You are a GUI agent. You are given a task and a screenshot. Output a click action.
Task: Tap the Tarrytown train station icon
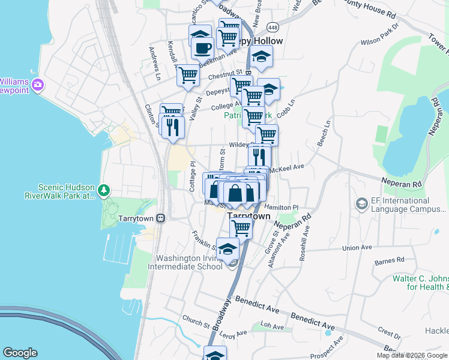160,218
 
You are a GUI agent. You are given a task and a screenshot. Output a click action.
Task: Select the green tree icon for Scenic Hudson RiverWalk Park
104,190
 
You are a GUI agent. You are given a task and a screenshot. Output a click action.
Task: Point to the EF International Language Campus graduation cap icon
361,205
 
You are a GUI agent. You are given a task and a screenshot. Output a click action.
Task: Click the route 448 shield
273,28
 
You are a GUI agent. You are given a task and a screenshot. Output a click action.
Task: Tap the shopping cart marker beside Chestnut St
188,76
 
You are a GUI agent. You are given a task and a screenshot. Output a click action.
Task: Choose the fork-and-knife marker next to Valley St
173,127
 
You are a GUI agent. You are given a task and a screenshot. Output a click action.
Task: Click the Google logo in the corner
20,353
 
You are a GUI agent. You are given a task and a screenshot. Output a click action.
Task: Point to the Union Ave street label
357,247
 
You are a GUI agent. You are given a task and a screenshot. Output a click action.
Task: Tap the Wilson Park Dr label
380,35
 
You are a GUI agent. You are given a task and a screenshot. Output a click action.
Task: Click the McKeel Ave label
291,167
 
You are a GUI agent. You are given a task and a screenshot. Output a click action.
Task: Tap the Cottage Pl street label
193,176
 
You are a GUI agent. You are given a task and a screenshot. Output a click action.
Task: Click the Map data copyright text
412,355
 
